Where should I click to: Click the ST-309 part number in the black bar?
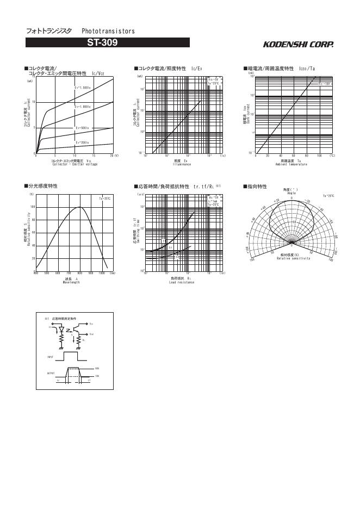point(108,42)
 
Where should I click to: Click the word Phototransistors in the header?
point(108,32)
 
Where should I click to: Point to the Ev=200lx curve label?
point(82,142)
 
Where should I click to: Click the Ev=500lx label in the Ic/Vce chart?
point(82,128)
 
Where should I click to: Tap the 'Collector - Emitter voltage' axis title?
point(75,164)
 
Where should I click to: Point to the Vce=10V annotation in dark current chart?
point(325,84)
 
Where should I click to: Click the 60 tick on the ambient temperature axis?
point(294,156)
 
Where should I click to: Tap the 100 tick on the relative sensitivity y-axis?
point(33,207)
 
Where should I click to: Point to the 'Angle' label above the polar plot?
point(291,193)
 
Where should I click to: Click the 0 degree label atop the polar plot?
point(291,198)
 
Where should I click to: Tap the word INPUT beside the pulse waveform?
point(50,356)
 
